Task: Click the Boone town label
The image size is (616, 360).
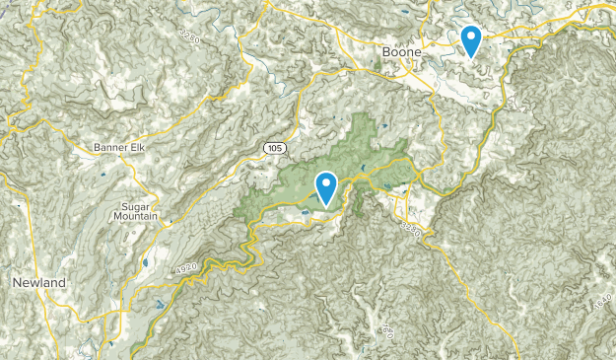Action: tap(402, 51)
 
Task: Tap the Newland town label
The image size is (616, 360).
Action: tap(38, 283)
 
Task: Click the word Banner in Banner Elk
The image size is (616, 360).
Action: tap(111, 148)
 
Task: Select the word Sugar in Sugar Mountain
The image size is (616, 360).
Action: tap(136, 204)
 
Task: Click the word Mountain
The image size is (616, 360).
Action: tap(136, 216)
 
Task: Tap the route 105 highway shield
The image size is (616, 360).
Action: tap(274, 148)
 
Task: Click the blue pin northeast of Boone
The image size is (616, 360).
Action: tap(472, 41)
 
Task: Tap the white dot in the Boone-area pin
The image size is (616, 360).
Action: tap(472, 37)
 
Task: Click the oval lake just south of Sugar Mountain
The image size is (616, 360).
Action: tap(145, 262)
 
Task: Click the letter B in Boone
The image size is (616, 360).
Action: tap(386, 51)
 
